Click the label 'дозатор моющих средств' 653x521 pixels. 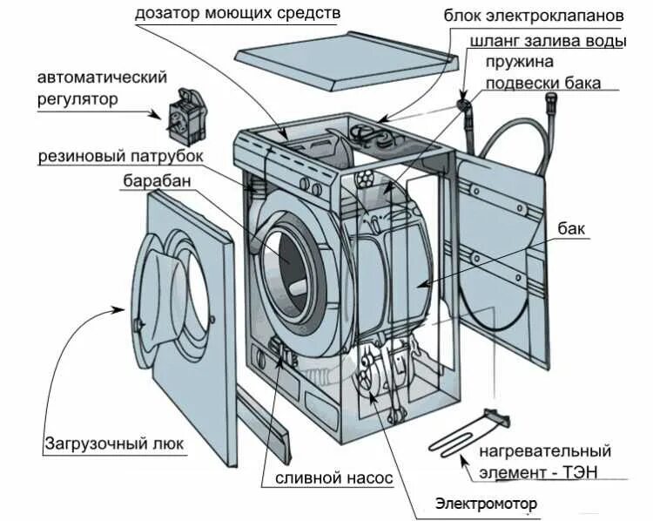(x=237, y=14)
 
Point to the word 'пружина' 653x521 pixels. (x=520, y=62)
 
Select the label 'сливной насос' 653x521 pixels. (x=333, y=478)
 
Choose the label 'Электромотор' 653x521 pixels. (x=486, y=504)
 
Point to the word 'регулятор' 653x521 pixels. (x=77, y=98)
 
